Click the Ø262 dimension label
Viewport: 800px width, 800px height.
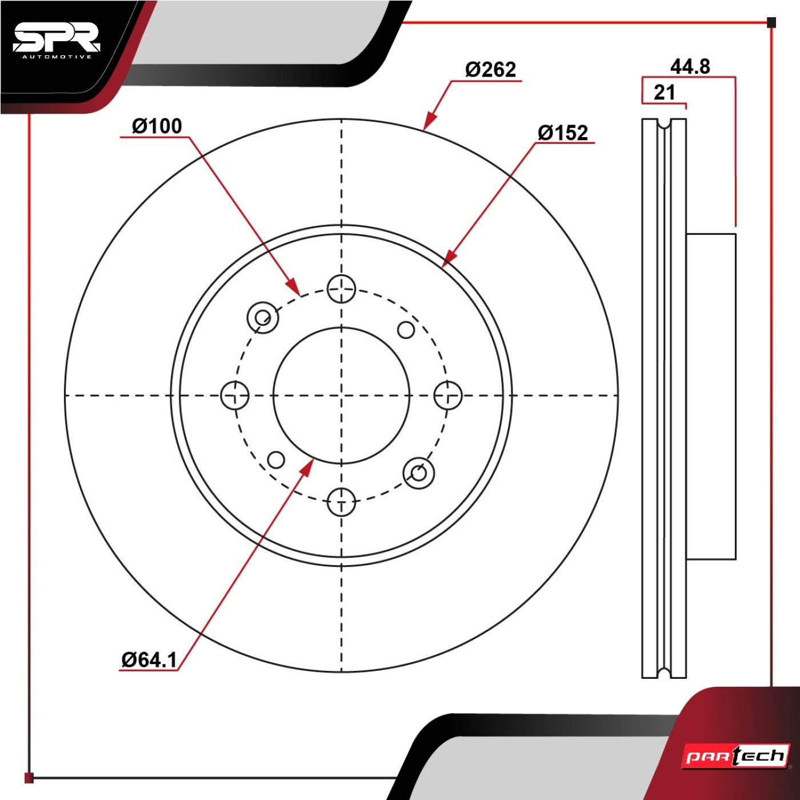[x=490, y=69]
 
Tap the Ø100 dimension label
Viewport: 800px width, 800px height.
[x=157, y=126]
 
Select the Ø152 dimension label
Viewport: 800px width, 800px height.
[x=563, y=133]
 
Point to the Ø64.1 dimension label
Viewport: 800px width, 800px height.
[x=150, y=659]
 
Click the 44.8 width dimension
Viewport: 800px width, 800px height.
[x=690, y=66]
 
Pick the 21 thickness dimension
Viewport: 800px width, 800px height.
[x=664, y=92]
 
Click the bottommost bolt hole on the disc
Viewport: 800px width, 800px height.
[x=341, y=502]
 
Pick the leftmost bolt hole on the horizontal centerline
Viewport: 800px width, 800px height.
[x=235, y=395]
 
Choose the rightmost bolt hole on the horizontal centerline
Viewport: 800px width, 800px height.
[x=448, y=395]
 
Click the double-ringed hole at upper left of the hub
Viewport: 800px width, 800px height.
[x=262, y=318]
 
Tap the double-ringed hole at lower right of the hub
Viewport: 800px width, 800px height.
[x=419, y=473]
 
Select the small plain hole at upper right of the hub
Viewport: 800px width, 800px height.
[x=406, y=330]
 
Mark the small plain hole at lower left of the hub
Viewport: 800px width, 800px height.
[x=276, y=460]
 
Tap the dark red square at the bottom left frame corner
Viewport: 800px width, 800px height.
[x=29, y=778]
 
